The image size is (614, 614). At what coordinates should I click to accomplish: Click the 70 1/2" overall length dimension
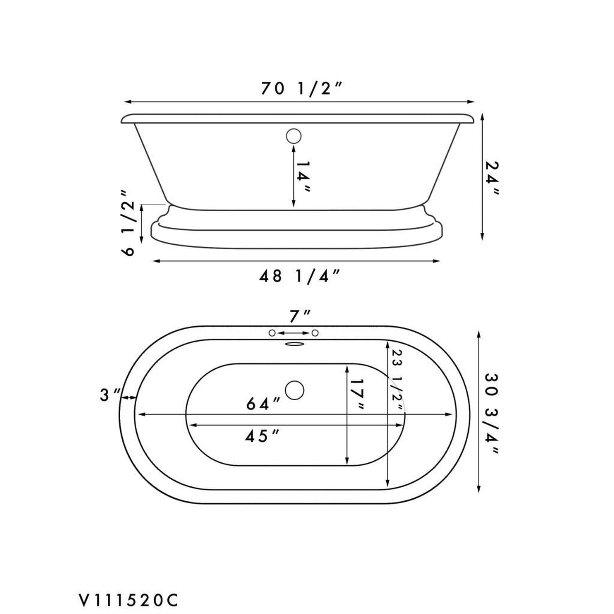click(301, 89)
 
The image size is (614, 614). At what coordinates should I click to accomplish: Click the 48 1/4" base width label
click(300, 276)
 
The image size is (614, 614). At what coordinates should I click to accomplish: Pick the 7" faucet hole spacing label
click(300, 316)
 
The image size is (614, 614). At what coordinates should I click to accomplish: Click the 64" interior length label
click(263, 404)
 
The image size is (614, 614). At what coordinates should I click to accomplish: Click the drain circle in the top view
click(294, 390)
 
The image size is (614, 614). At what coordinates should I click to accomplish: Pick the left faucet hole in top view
click(272, 333)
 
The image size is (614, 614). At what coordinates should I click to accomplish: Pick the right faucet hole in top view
click(315, 333)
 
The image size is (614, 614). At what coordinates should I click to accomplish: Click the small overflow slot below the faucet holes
click(294, 345)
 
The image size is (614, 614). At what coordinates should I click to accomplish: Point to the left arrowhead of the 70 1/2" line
click(127, 102)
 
